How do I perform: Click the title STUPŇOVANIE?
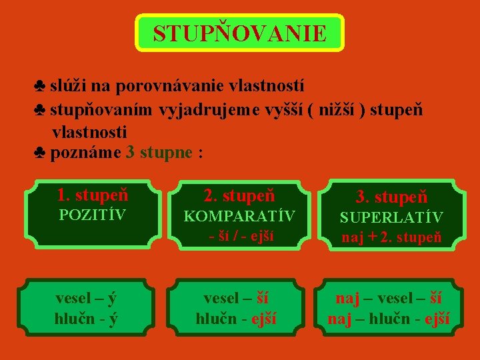click(x=240, y=33)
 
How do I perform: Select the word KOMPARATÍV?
click(x=239, y=216)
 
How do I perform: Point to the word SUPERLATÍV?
click(x=391, y=217)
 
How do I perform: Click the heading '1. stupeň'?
click(x=93, y=195)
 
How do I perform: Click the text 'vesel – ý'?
click(x=87, y=298)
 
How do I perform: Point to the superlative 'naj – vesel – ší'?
click(x=389, y=298)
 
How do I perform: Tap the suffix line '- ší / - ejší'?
click(x=239, y=235)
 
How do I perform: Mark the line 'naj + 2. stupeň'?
click(x=391, y=236)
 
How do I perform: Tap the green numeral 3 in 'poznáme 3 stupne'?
click(x=130, y=152)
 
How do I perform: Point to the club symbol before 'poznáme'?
click(x=39, y=153)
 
